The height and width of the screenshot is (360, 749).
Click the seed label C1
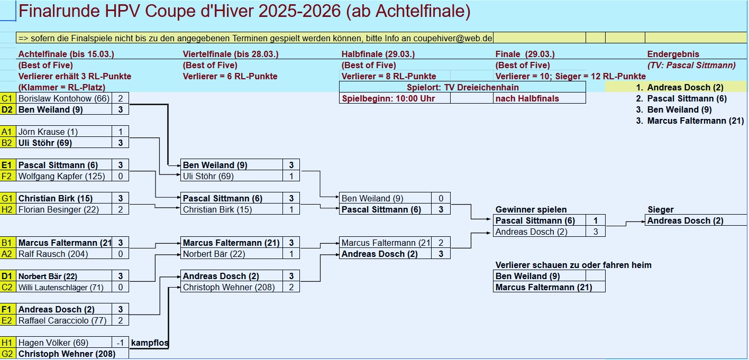click(7, 98)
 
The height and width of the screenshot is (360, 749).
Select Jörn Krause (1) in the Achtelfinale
click(48, 132)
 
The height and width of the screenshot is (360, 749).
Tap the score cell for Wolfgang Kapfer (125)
click(121, 176)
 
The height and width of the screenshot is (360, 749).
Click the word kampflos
click(150, 343)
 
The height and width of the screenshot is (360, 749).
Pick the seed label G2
click(7, 354)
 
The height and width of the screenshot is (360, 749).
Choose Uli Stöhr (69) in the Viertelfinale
click(208, 176)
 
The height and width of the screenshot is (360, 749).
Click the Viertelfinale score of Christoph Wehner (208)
click(291, 287)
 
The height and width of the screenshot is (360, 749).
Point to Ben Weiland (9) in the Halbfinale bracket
click(372, 198)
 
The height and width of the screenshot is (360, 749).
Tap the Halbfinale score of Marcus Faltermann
click(441, 243)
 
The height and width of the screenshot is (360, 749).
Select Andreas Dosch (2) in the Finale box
click(531, 232)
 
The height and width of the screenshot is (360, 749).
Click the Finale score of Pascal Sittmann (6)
click(595, 220)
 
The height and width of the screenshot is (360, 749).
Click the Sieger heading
click(660, 209)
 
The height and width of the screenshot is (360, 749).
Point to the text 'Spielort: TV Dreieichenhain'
click(462, 87)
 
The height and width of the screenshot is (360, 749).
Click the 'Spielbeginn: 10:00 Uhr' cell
click(388, 99)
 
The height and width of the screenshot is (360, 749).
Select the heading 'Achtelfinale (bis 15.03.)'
click(66, 54)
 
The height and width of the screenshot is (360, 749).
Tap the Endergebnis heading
click(673, 54)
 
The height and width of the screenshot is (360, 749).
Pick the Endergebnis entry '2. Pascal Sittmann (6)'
click(681, 99)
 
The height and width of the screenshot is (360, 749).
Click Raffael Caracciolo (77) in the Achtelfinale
click(62, 320)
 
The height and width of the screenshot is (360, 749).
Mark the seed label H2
click(7, 209)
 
